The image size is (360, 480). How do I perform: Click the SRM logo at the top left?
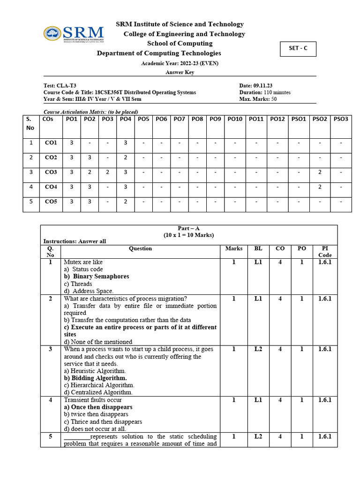pos(74,34)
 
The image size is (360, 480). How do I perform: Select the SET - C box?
pos(298,49)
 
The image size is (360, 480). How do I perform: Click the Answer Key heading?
pos(180,72)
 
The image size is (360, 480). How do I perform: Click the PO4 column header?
pos(126,120)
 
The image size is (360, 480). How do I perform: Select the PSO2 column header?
pos(319,120)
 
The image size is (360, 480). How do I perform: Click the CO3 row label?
pos(51,172)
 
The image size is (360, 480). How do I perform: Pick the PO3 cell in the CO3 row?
pos(107,172)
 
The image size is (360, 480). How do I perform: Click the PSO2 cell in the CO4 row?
pos(319,187)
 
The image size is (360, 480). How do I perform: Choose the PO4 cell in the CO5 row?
pos(126,202)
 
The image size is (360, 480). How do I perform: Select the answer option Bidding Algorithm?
pos(96,378)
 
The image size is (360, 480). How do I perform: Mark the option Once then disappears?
pos(98,407)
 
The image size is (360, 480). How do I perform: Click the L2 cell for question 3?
pos(258,349)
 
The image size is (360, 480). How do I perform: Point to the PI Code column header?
pos(324,251)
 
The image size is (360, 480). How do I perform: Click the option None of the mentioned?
pos(98,342)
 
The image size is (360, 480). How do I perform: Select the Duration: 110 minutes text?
pos(264,92)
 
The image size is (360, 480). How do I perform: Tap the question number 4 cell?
pos(51,400)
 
